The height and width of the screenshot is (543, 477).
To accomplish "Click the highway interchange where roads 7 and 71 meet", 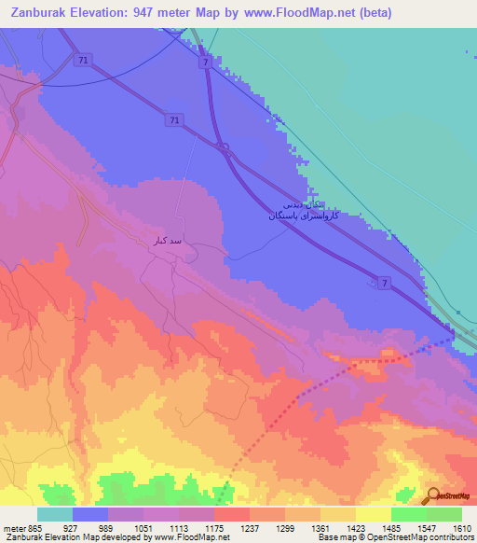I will point(223,146).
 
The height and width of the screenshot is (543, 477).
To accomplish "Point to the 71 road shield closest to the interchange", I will point(173,119).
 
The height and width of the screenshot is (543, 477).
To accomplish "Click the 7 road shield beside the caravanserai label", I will point(384,284).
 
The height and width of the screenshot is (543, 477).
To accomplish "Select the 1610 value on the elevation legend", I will point(462,528).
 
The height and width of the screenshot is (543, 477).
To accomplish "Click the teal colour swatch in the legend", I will point(55,514).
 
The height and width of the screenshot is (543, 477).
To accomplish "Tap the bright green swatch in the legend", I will point(408,514).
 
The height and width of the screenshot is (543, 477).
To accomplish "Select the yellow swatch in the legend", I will point(373,514).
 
